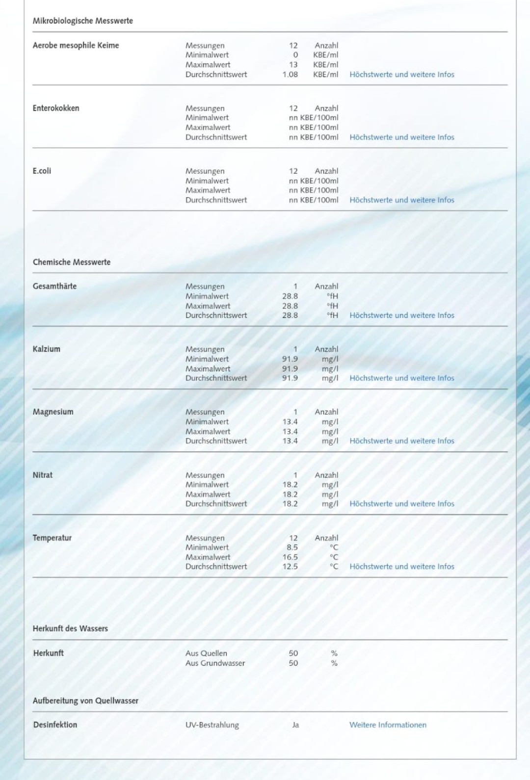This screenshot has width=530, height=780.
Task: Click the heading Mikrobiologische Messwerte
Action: point(82,21)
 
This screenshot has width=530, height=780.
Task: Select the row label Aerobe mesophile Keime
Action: point(76,45)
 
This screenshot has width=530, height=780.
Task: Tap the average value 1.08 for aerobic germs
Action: point(290,75)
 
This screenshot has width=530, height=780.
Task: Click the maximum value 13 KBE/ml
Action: point(293,65)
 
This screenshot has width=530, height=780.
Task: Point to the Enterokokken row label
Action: point(55,108)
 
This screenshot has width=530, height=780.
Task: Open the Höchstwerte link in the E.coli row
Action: point(401,200)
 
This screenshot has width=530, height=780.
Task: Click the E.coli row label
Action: point(42,171)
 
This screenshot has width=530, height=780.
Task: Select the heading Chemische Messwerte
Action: point(72,262)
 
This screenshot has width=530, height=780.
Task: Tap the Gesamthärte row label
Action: point(54,286)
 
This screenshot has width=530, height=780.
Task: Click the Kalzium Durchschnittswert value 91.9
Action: point(290,378)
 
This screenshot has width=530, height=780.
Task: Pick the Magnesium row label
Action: point(53,412)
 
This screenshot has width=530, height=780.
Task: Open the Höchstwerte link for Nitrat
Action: point(401,504)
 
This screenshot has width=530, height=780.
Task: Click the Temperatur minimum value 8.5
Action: point(292,547)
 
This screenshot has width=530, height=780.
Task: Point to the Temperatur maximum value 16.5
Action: point(290,557)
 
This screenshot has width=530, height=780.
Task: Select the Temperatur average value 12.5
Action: point(290,567)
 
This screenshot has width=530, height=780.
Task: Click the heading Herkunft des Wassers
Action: point(70,628)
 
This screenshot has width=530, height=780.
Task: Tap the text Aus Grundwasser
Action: point(215,663)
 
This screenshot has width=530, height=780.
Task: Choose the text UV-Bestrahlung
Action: point(212,725)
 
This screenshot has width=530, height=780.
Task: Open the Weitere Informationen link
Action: point(388,725)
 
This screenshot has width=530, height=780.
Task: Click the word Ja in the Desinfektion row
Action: point(295,725)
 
